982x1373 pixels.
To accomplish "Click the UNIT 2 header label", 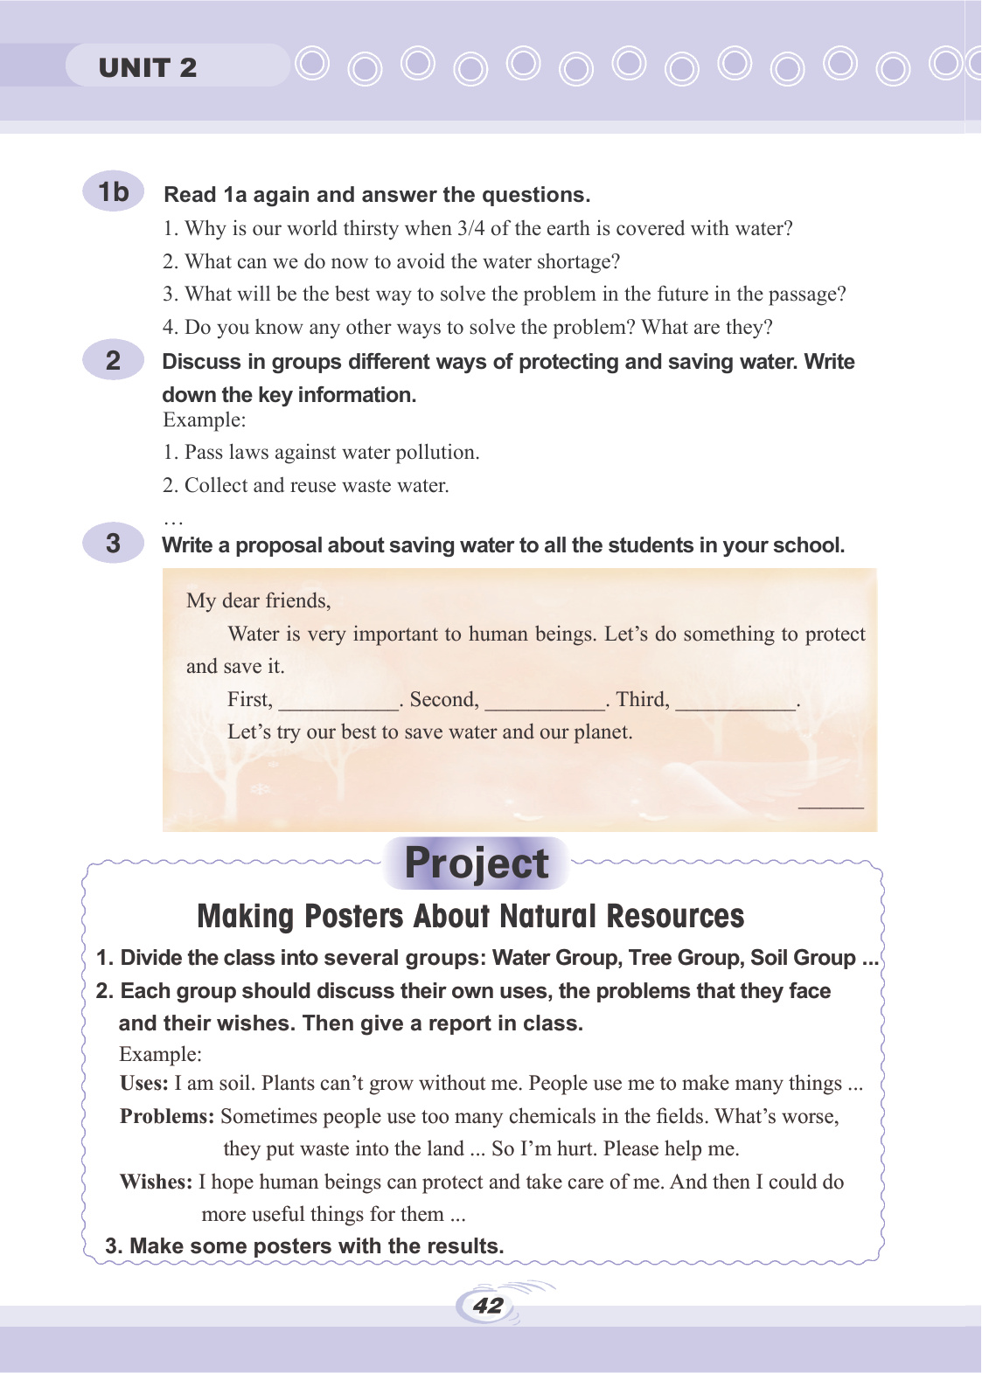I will pyautogui.click(x=148, y=67).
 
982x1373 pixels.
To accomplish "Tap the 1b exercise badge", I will pyautogui.click(x=114, y=191).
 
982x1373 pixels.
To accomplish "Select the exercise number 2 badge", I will pyautogui.click(x=114, y=360).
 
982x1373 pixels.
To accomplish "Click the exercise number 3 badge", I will pyautogui.click(x=114, y=544).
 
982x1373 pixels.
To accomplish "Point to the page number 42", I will pyautogui.click(x=488, y=1306).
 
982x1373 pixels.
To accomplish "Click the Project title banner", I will pyautogui.click(x=477, y=863).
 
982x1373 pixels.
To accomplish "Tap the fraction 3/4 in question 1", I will pyautogui.click(x=470, y=229).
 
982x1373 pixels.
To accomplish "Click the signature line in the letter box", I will pyautogui.click(x=831, y=807).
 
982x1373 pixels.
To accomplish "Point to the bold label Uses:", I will pyautogui.click(x=144, y=1084).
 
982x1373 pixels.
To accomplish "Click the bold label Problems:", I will pyautogui.click(x=167, y=1117).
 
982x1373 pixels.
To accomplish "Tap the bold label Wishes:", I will pyautogui.click(x=156, y=1182).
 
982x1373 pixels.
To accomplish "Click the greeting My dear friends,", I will pyautogui.click(x=259, y=600).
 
